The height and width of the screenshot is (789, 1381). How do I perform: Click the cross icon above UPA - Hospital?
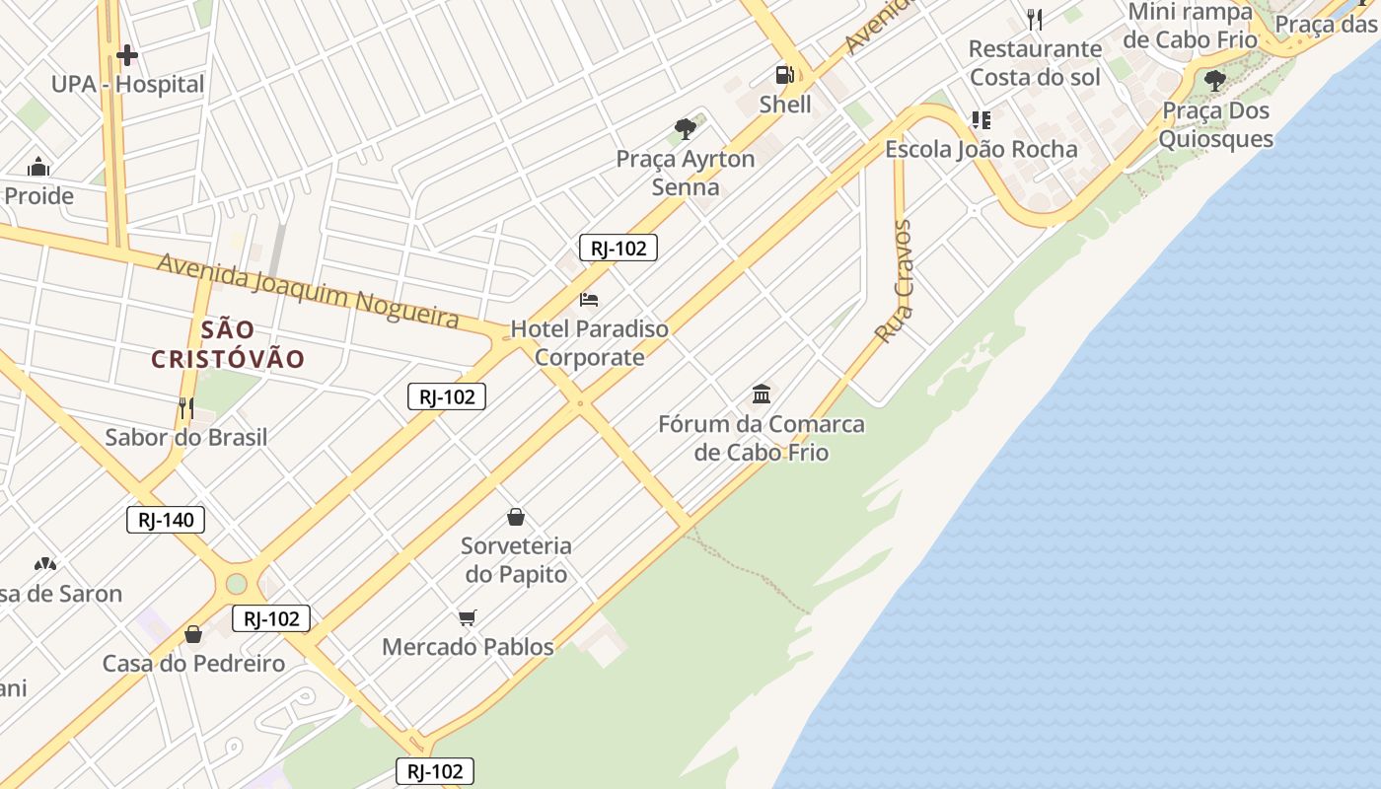pyautogui.click(x=127, y=55)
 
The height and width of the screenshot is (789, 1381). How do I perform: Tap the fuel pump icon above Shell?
pyautogui.click(x=785, y=75)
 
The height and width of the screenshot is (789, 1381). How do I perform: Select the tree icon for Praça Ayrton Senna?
pyautogui.click(x=686, y=128)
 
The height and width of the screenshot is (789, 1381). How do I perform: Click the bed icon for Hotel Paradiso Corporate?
pyautogui.click(x=589, y=299)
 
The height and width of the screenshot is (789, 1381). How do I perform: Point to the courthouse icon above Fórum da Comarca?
pyautogui.click(x=762, y=394)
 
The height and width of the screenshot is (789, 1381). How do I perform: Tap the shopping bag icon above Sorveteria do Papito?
pyautogui.click(x=516, y=516)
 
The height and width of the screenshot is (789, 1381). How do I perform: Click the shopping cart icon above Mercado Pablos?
pyautogui.click(x=468, y=617)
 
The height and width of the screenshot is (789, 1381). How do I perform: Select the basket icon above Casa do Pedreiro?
pyautogui.click(x=193, y=633)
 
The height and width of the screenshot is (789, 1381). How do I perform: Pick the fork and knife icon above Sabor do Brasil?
pyautogui.click(x=185, y=407)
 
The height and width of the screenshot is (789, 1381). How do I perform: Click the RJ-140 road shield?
pyautogui.click(x=166, y=520)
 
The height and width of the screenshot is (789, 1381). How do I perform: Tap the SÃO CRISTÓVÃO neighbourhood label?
pyautogui.click(x=228, y=344)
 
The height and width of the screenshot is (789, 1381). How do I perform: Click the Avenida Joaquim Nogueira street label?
pyautogui.click(x=308, y=290)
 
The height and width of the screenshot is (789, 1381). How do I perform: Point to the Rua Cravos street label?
pyautogui.click(x=895, y=282)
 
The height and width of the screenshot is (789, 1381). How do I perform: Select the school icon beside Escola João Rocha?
pyautogui.click(x=981, y=120)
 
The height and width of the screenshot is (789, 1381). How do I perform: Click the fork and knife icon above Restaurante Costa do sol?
pyautogui.click(x=1035, y=19)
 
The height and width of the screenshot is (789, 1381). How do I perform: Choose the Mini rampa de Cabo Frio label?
pyautogui.click(x=1191, y=26)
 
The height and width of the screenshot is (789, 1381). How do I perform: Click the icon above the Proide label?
pyautogui.click(x=38, y=166)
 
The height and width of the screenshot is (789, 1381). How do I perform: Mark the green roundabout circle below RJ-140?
pyautogui.click(x=237, y=584)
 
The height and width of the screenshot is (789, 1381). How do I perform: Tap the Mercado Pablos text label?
pyautogui.click(x=468, y=647)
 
